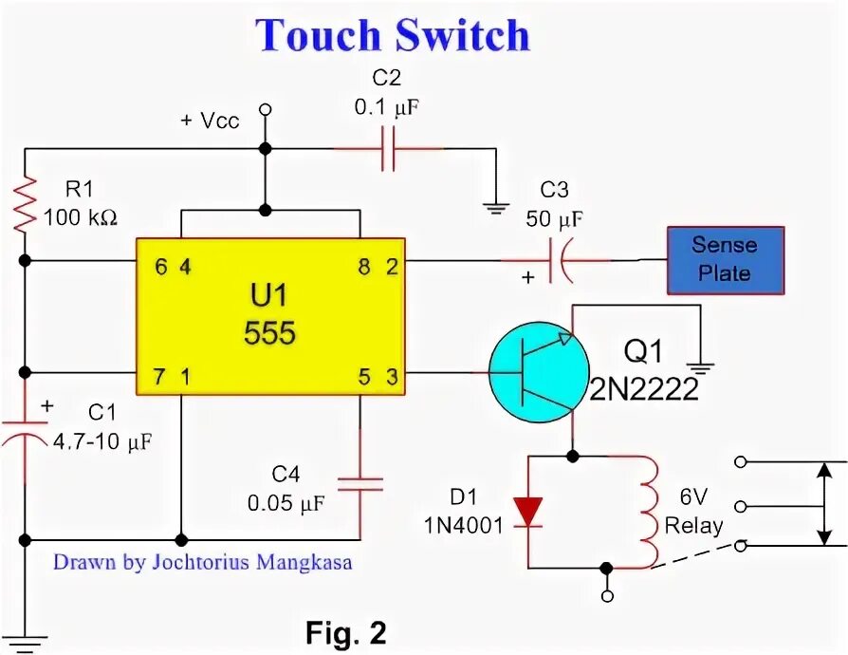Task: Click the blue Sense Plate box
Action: click(725, 259)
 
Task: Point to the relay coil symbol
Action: click(650, 511)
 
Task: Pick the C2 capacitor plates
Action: click(388, 149)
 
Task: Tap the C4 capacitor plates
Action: click(360, 483)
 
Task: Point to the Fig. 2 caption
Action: click(345, 632)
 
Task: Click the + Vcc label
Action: click(211, 122)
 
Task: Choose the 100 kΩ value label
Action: click(82, 217)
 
